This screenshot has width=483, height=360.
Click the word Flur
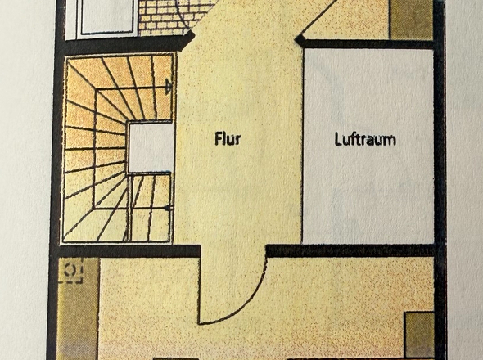228,138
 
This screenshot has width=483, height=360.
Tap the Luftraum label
365,139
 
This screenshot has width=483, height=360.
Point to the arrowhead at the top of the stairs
168,87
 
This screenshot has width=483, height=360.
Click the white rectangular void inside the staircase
151,147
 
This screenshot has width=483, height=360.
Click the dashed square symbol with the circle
71,270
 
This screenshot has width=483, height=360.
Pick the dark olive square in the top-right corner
411,19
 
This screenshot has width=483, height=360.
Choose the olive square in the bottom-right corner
419,335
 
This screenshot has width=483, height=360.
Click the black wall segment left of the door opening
129,251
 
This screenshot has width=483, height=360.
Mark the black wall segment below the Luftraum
350,250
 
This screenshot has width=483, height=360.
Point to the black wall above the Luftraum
365,43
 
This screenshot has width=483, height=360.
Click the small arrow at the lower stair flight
168,208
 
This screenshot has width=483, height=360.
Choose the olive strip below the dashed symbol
78,320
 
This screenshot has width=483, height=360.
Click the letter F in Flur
219,138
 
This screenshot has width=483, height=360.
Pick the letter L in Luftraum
338,139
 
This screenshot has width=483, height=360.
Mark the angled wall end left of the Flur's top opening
188,38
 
